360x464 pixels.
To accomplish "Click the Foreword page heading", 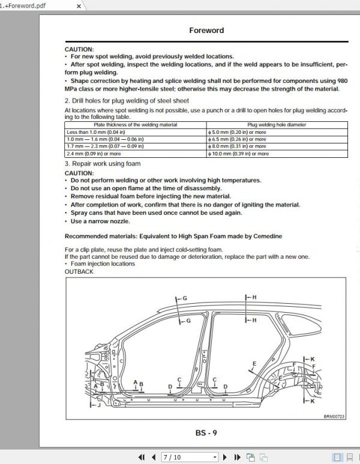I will pyautogui.click(x=206, y=30).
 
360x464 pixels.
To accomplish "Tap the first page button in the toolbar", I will pyautogui.click(x=141, y=457).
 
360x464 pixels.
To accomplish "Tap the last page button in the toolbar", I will pyautogui.click(x=236, y=457).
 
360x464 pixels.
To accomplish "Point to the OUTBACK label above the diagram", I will pyautogui.click(x=79, y=271).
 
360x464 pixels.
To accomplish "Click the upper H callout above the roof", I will pyautogui.click(x=254, y=297).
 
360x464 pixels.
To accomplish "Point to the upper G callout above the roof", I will pyautogui.click(x=185, y=298).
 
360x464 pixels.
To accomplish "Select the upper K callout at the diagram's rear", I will pyautogui.click(x=312, y=360).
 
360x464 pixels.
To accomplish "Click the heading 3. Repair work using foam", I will pyautogui.click(x=103, y=163).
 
